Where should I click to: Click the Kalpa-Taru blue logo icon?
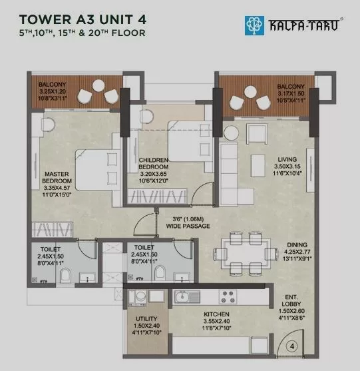(254, 25)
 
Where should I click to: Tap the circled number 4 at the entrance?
(292, 346)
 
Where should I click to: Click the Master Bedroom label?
(57, 177)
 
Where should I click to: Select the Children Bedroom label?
(154, 163)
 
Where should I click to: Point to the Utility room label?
(146, 318)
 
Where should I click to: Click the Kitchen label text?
(216, 314)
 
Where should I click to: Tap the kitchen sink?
(187, 297)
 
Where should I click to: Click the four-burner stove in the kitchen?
(228, 297)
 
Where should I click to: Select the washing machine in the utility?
(140, 298)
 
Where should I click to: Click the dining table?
(246, 254)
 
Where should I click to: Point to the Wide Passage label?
(188, 226)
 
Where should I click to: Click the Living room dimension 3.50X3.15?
(287, 167)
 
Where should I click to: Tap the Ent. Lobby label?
(291, 300)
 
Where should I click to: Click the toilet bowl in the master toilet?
(65, 275)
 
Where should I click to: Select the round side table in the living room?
(231, 133)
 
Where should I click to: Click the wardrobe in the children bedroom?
(157, 196)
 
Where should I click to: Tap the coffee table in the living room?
(258, 166)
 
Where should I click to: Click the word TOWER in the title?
(45, 19)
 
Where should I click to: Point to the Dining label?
(297, 245)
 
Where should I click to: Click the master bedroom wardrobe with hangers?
(52, 229)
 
